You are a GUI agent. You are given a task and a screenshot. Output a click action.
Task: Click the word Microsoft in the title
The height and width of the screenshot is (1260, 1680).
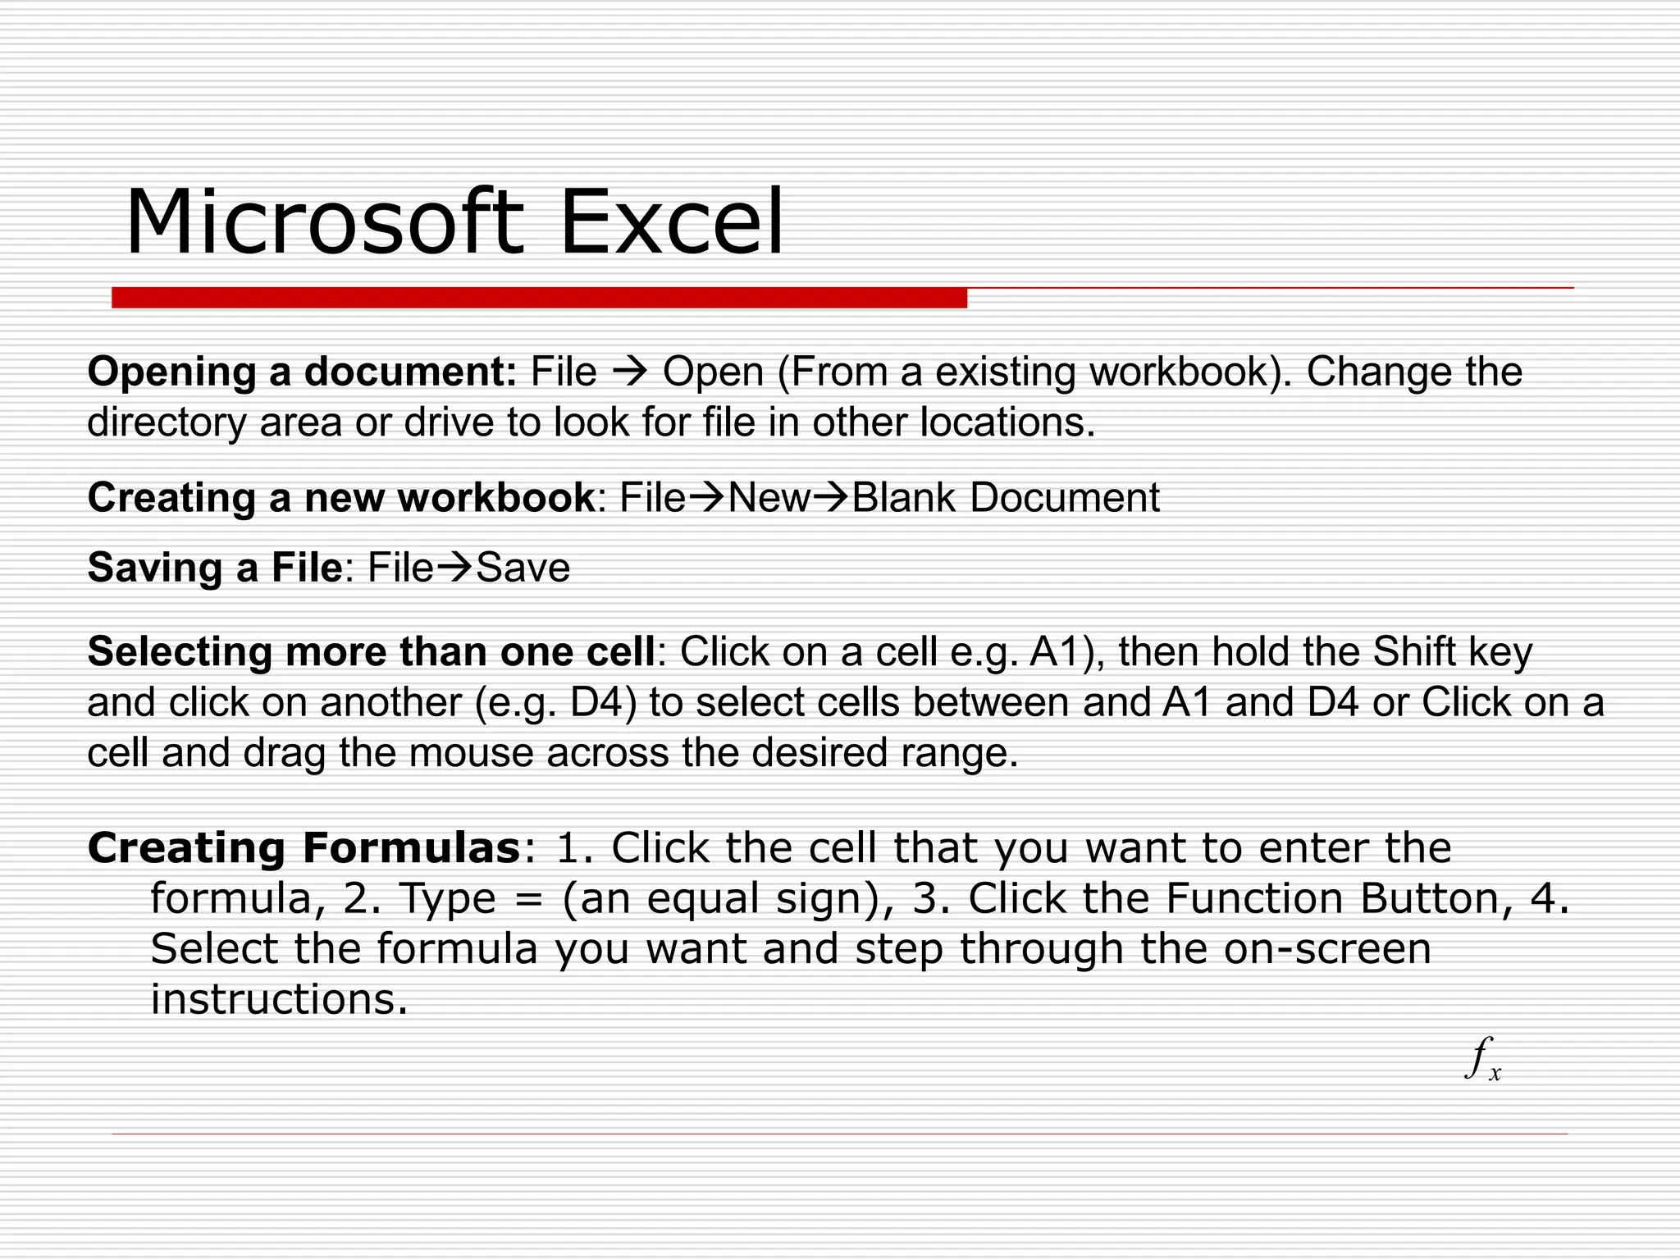[323, 223]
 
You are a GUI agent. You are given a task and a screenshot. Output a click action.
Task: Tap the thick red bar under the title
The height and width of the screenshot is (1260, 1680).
[539, 298]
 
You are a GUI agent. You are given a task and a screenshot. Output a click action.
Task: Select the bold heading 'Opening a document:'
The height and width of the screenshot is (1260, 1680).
[302, 372]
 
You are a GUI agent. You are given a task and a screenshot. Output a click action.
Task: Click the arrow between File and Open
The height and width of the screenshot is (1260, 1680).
[630, 372]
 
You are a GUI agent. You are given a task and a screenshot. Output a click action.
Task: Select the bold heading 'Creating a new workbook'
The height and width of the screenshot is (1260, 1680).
[340, 498]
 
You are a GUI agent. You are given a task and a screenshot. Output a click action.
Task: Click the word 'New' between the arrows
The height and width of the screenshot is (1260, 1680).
[769, 498]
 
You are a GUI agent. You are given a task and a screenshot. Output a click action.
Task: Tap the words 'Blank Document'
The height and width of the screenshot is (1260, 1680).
[1006, 498]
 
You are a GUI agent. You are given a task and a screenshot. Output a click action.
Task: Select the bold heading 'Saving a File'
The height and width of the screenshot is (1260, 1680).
[214, 568]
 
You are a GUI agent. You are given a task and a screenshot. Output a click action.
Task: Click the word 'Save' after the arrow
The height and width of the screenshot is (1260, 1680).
[523, 568]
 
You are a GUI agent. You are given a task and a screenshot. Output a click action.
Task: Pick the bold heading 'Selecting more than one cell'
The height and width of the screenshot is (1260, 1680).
[371, 652]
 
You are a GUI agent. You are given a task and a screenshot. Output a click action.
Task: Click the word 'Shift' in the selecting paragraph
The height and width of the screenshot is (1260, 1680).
[1413, 652]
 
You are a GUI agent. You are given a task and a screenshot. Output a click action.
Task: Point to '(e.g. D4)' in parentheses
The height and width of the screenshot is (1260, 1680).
[555, 703]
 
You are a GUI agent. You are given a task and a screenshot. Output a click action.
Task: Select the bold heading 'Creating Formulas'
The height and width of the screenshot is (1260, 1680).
[304, 848]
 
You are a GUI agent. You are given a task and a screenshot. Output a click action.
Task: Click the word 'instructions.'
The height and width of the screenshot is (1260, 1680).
[279, 1000]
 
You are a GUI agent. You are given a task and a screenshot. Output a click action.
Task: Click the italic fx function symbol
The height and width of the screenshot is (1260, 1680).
[1482, 1058]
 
